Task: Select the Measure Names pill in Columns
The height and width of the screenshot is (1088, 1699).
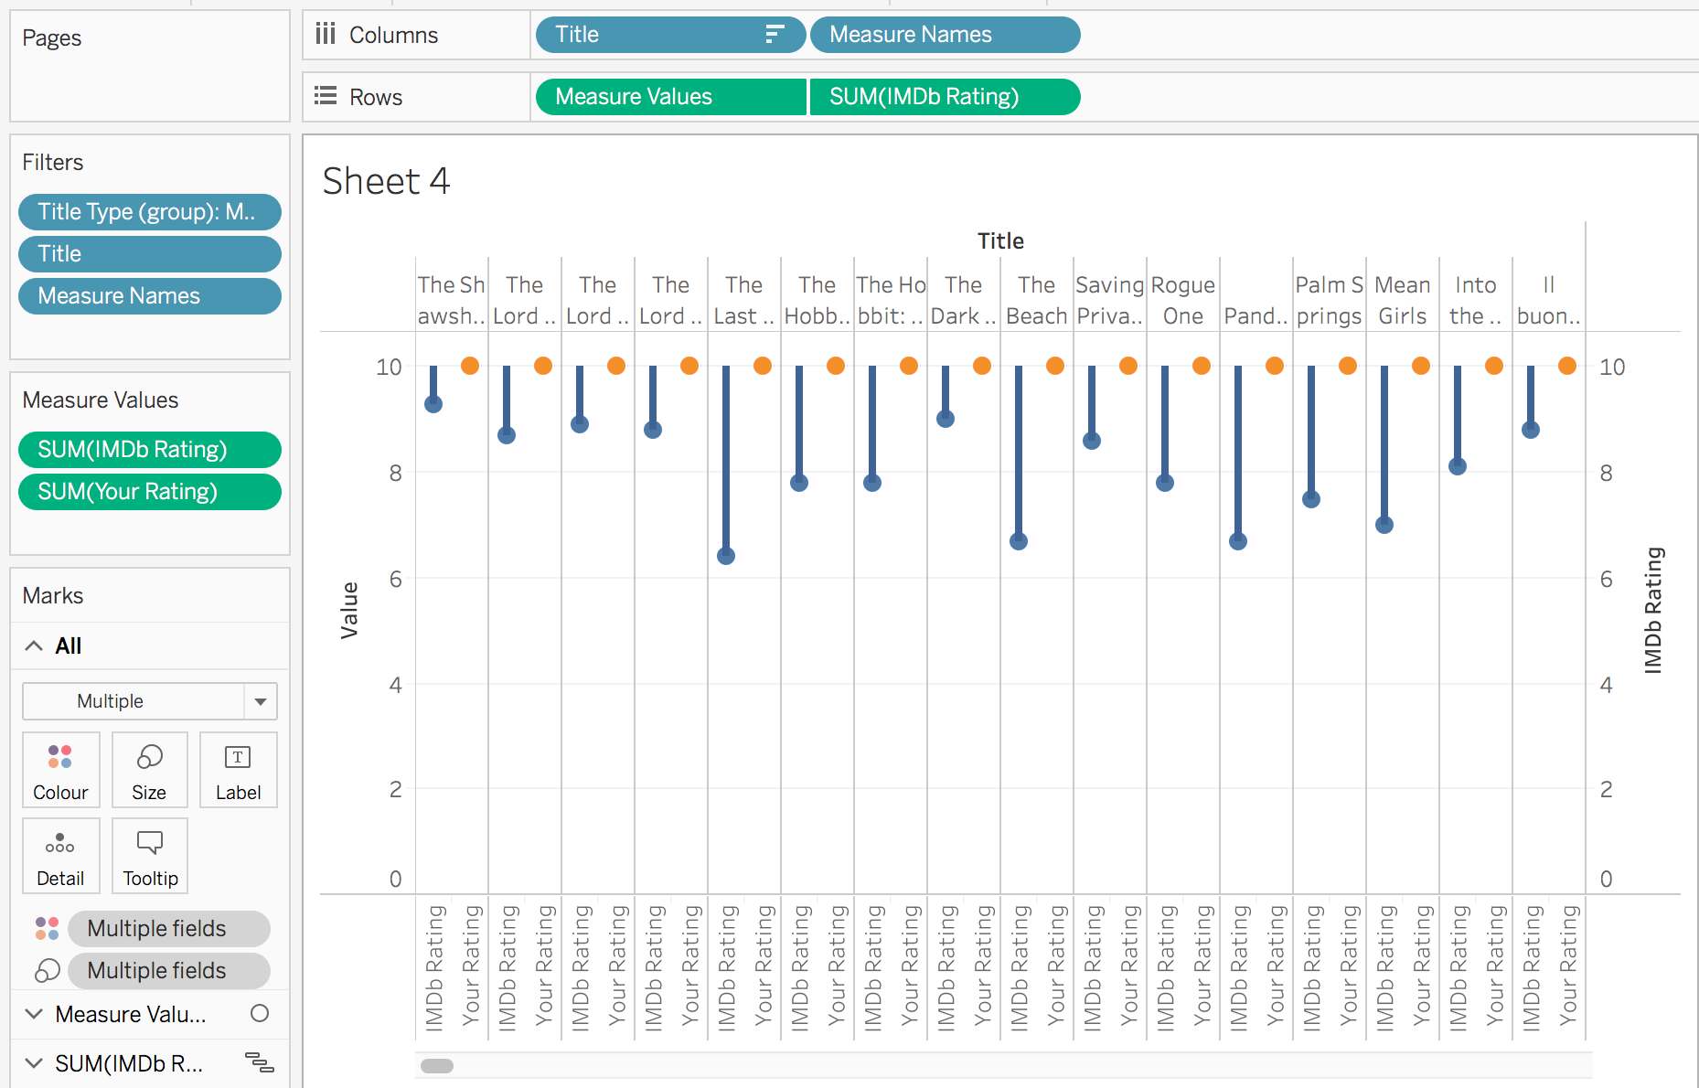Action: tap(944, 35)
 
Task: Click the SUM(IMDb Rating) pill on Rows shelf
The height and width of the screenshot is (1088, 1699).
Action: tap(944, 97)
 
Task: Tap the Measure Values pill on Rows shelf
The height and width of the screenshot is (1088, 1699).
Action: tap(670, 97)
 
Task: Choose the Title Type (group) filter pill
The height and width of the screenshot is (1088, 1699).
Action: tap(149, 212)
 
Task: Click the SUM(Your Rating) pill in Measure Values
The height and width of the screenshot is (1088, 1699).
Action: tap(149, 492)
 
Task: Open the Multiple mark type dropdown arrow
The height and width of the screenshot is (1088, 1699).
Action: tap(261, 702)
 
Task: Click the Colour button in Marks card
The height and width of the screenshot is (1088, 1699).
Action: tap(60, 770)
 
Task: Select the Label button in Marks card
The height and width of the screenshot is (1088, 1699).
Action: tap(238, 770)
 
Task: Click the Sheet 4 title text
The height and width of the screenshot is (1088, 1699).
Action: tap(386, 181)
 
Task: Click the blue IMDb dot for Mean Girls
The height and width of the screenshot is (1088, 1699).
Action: tap(1384, 525)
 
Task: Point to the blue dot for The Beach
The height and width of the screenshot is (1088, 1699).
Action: tap(1019, 541)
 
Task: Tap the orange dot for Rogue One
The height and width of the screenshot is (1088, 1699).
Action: tap(1202, 366)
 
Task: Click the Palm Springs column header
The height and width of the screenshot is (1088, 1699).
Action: tap(1329, 300)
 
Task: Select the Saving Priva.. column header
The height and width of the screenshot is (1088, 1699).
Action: tap(1109, 300)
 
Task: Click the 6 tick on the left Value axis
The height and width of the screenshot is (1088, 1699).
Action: tap(395, 579)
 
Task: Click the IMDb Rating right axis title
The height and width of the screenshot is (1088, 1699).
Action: tap(1653, 610)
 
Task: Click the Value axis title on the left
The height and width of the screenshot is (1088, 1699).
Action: tap(349, 610)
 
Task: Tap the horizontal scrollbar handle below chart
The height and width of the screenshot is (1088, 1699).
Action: tap(437, 1065)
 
